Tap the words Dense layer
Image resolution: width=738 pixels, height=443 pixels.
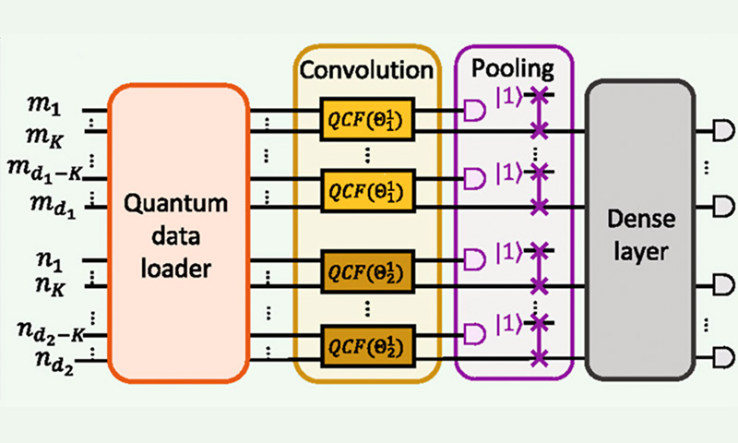639,233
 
